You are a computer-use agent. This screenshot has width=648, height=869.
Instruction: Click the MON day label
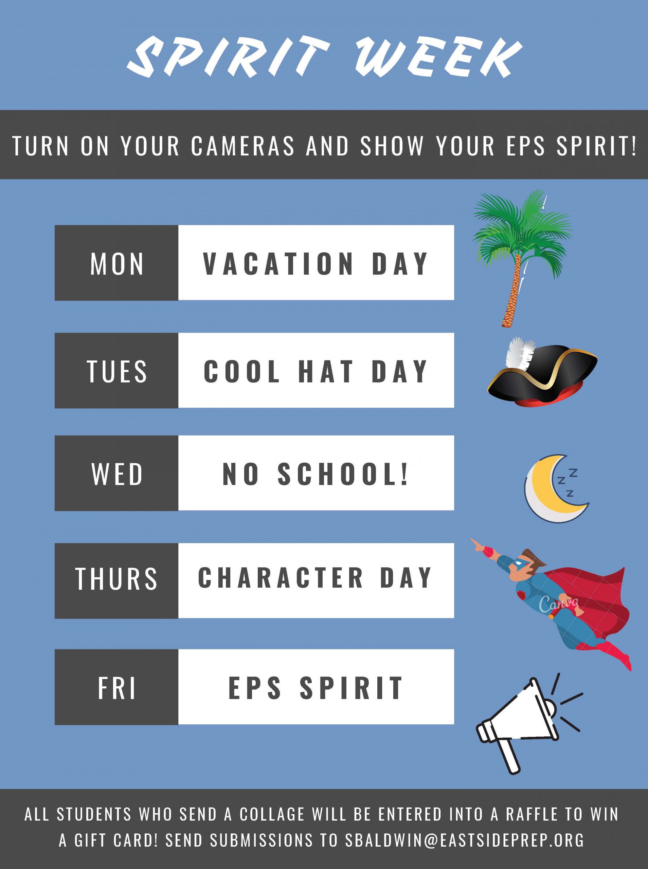coord(117,263)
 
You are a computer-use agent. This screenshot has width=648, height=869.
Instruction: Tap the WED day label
coord(117,474)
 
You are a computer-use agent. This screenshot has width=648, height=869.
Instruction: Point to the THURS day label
coord(116,578)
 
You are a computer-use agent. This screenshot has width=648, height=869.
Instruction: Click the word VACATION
coord(278,263)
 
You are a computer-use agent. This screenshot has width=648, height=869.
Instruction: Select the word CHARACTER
coord(281,578)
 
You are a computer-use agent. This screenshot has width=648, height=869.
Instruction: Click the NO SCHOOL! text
coord(316,474)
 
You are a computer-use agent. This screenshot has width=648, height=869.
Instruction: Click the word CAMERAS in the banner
coord(243,145)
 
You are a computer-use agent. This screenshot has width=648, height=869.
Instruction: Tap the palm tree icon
coord(522,258)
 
